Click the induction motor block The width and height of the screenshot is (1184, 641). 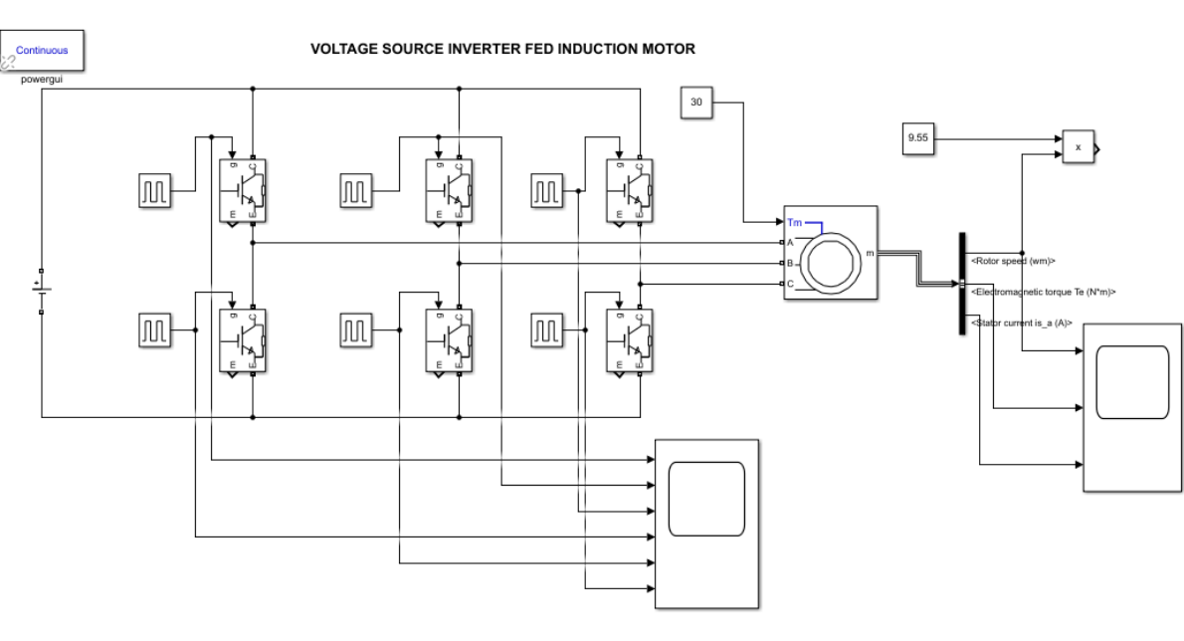pos(829,253)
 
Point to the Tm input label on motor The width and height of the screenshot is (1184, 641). pos(793,221)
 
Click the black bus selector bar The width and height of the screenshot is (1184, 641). pos(962,284)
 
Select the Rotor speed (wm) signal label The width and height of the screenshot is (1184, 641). pos(1012,261)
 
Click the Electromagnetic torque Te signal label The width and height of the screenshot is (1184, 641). pos(1042,293)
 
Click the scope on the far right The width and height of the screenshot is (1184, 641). pos(1131,406)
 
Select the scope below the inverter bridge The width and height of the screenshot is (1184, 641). pos(707,521)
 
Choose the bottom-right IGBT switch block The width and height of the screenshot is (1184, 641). pos(629,343)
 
